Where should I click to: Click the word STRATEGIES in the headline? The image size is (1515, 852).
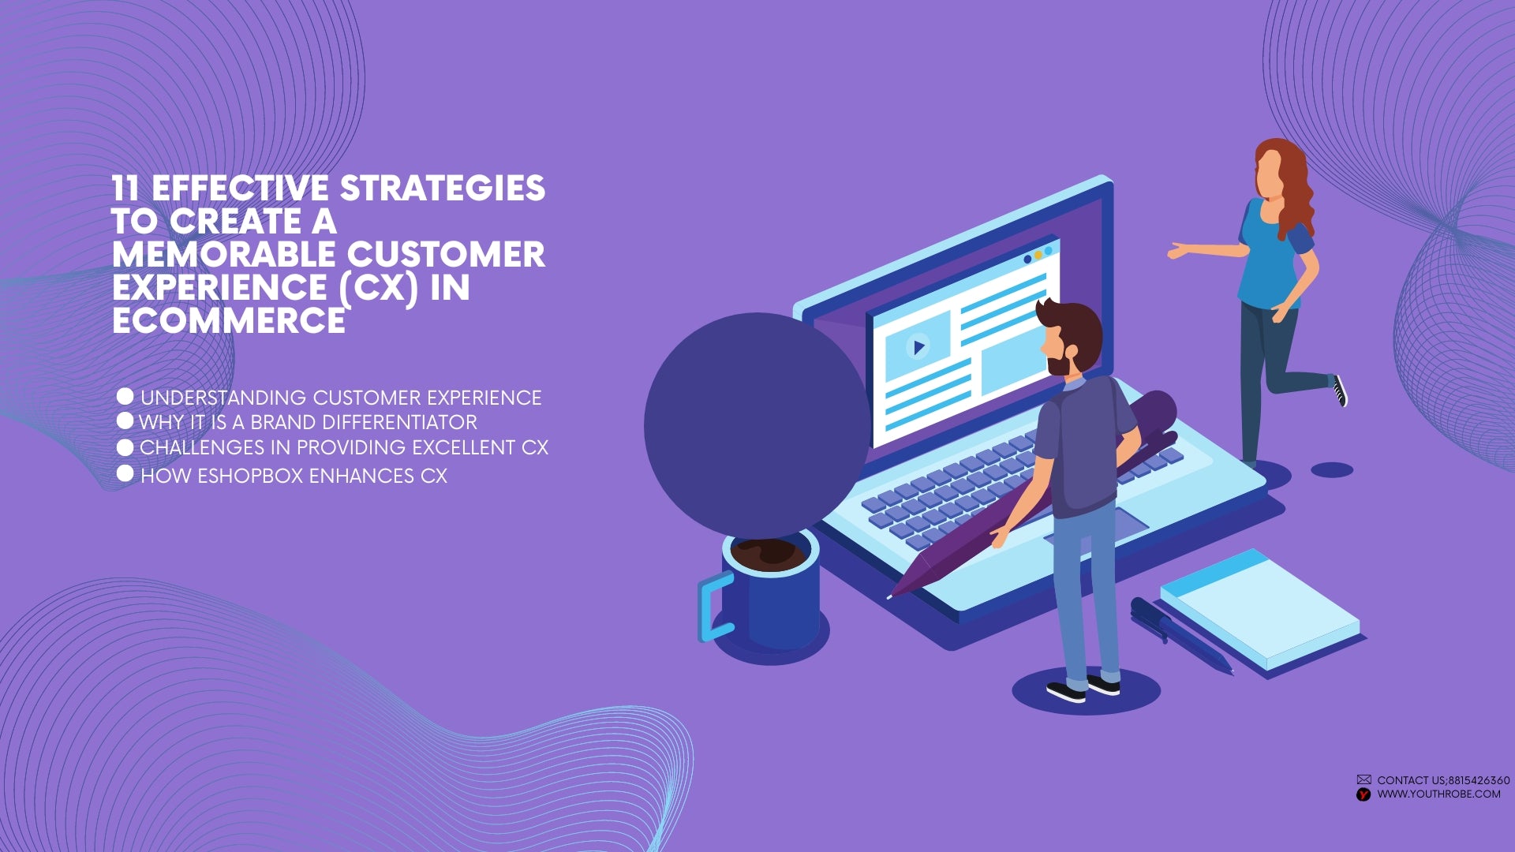click(x=443, y=189)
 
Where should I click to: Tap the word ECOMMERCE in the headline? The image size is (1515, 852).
click(x=229, y=321)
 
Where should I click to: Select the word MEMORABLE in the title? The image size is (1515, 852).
click(x=224, y=255)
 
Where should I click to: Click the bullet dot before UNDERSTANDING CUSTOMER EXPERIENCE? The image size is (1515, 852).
click(x=125, y=396)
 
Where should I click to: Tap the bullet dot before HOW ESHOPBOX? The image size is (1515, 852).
click(x=125, y=473)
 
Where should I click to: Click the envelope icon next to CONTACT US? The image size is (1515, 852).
click(x=1363, y=779)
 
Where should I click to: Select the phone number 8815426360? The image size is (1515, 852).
click(x=1479, y=780)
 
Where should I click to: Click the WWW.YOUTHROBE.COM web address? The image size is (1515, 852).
click(x=1438, y=794)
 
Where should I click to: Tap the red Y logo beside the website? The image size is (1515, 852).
click(x=1363, y=794)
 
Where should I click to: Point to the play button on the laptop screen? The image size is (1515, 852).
click(x=918, y=346)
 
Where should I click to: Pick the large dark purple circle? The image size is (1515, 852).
click(x=756, y=424)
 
